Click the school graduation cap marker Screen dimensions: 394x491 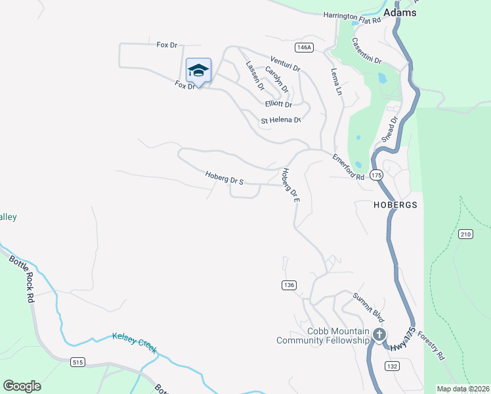point(198,70)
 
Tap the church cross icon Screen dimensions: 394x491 point(379,335)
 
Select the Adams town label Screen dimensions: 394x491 point(400,12)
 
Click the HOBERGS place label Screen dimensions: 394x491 point(395,205)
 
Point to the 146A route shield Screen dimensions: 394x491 point(304,47)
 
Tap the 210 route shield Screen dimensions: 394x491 point(465,234)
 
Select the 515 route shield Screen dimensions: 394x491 point(78,362)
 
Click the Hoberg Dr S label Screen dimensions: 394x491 point(224,178)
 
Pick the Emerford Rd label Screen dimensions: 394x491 point(348,167)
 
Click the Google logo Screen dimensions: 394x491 point(22,386)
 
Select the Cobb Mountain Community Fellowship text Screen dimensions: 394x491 point(323,336)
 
